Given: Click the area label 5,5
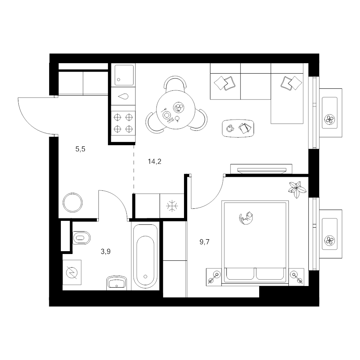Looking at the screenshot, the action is pyautogui.click(x=80, y=149).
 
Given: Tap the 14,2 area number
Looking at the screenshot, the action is pyautogui.click(x=154, y=162).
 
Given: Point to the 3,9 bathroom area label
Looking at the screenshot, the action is pyautogui.click(x=106, y=252).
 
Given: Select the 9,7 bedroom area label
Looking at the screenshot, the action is pyautogui.click(x=204, y=242).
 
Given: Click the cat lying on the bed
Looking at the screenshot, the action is pyautogui.click(x=246, y=218).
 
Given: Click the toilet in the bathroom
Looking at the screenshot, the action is pyautogui.click(x=82, y=238).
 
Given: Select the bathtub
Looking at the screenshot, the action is pyautogui.click(x=145, y=256).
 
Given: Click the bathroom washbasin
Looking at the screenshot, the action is pyautogui.click(x=117, y=282).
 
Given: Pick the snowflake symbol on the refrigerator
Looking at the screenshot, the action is pyautogui.click(x=172, y=206).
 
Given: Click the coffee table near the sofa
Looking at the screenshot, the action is pyautogui.click(x=238, y=128).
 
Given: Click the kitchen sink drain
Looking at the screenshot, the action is pyautogui.click(x=118, y=80).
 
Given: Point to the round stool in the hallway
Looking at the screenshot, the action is pyautogui.click(x=73, y=202).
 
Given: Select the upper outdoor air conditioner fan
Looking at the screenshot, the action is pyautogui.click(x=330, y=119).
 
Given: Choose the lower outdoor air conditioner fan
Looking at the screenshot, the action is pyautogui.click(x=330, y=241).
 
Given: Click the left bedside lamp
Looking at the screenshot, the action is pyautogui.click(x=214, y=277).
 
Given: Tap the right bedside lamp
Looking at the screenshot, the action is pyautogui.click(x=296, y=277).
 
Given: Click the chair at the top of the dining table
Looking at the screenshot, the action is pyautogui.click(x=176, y=83).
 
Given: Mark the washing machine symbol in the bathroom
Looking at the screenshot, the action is pyautogui.click(x=72, y=272).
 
